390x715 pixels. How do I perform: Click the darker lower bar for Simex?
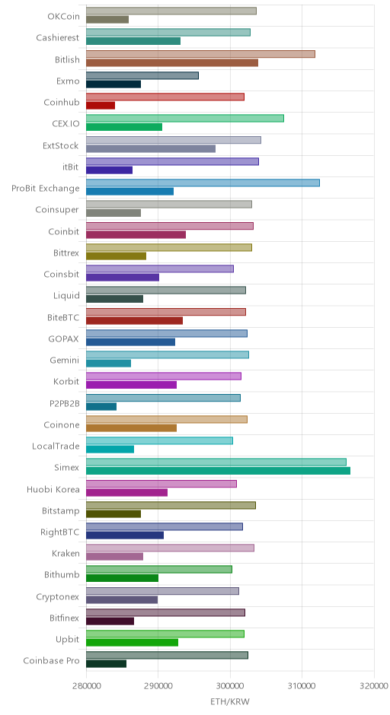[219, 471]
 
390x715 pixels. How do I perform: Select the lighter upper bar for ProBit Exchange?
[203, 183]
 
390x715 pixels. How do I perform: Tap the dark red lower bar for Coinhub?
[101, 106]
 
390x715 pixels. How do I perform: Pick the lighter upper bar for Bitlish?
[200, 54]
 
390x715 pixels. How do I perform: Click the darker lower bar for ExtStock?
[151, 148]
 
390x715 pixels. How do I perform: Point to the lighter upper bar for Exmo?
[142, 76]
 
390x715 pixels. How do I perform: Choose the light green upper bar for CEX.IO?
[185, 119]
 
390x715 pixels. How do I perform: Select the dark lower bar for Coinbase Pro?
[107, 664]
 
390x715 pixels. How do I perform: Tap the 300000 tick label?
[230, 686]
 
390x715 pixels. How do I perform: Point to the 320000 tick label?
[374, 686]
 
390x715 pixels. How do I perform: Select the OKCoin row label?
[63, 17]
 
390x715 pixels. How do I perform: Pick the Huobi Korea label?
[53, 489]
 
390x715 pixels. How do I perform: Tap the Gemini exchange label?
[65, 361]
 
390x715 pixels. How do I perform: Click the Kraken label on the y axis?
[66, 554]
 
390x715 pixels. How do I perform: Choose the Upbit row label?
[67, 639]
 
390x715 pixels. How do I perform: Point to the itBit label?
[70, 167]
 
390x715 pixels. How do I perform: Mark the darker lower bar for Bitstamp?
[113, 514]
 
